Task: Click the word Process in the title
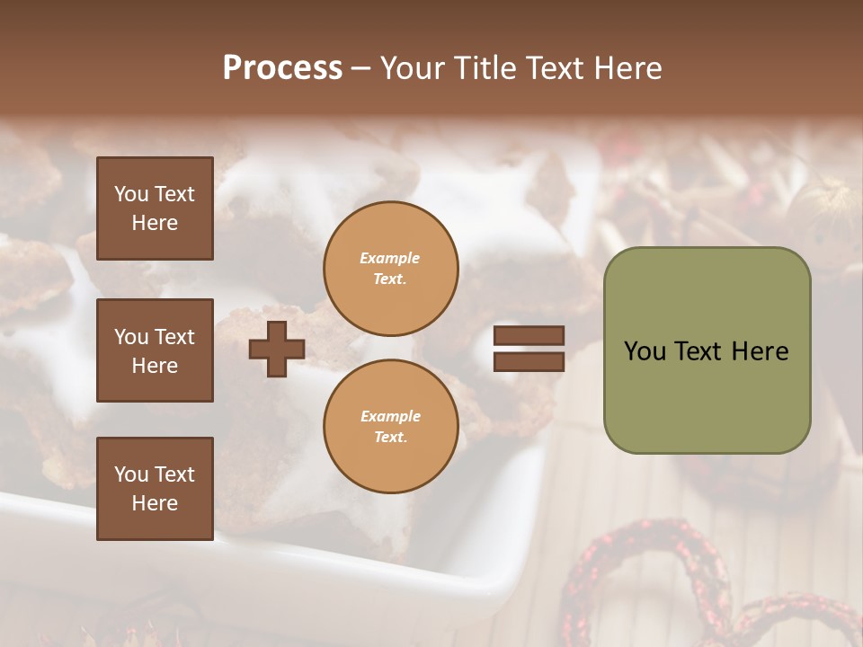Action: [282, 67]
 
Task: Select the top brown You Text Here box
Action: [155, 208]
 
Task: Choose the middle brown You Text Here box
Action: [155, 350]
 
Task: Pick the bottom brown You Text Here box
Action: [155, 489]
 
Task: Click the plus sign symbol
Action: [277, 350]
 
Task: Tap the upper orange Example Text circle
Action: [391, 269]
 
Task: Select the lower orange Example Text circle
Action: [391, 427]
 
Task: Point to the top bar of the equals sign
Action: [529, 336]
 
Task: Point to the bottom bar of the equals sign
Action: [529, 361]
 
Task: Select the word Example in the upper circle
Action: [390, 258]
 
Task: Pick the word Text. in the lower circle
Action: [391, 438]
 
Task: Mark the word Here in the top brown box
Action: [155, 223]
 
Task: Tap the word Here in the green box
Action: [760, 351]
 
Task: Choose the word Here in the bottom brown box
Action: [155, 503]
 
